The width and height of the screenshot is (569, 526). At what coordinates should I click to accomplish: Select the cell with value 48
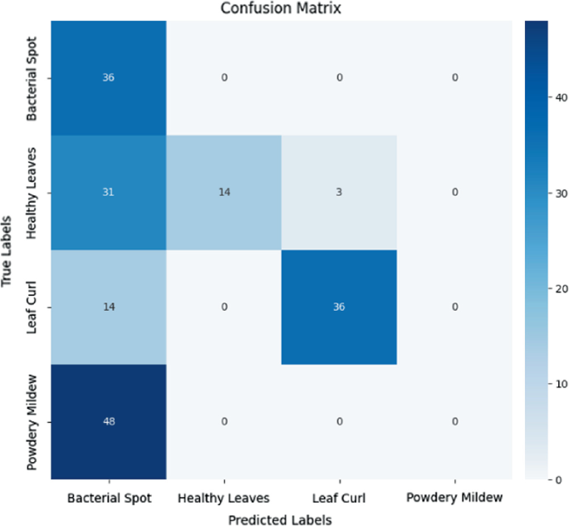tap(109, 421)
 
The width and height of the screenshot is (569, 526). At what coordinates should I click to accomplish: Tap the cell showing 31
tap(109, 193)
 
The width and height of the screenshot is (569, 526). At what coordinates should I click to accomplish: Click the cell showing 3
tap(339, 193)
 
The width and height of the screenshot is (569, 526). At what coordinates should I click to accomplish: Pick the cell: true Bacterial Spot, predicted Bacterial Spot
tap(109, 79)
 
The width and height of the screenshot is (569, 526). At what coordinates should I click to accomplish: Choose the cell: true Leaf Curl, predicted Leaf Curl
tap(339, 307)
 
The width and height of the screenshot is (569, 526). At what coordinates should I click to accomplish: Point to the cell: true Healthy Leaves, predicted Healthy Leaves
tap(223, 193)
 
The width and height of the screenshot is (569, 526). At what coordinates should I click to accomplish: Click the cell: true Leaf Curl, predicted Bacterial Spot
tap(109, 307)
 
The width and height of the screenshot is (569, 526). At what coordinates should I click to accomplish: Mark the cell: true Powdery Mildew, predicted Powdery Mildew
tap(454, 421)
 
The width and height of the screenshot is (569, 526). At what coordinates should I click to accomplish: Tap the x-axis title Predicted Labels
tap(282, 519)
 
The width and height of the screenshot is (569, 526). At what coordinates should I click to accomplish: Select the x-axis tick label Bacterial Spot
tap(109, 498)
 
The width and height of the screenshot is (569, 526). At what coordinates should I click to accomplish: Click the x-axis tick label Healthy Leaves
tap(223, 498)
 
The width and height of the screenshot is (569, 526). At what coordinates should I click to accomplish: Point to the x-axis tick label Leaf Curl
tap(339, 498)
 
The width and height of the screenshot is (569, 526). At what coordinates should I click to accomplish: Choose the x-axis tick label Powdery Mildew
tap(454, 498)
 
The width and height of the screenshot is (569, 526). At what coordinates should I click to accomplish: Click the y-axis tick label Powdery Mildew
tap(33, 421)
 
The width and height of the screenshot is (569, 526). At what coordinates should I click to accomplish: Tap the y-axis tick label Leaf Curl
tap(33, 307)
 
